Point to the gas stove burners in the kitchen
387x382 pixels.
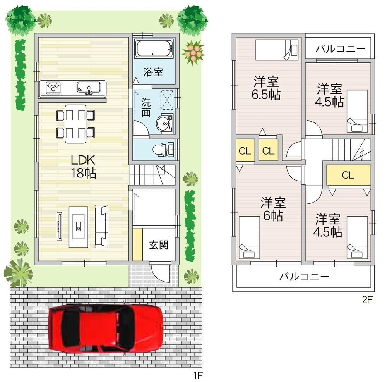pyautogui.click(x=53, y=87)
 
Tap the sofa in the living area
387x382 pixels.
pyautogui.click(x=101, y=227)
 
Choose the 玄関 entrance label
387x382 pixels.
pyautogui.click(x=159, y=245)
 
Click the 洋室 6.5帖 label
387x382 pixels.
pyautogui.click(x=266, y=88)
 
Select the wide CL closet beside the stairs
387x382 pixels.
pyautogui.click(x=348, y=175)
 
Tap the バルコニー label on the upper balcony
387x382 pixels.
pyautogui.click(x=340, y=49)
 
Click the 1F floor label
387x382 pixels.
pyautogui.click(x=198, y=375)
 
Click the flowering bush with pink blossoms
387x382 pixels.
pyautogui.click(x=192, y=52)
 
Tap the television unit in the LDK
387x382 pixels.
pyautogui.click(x=59, y=226)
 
